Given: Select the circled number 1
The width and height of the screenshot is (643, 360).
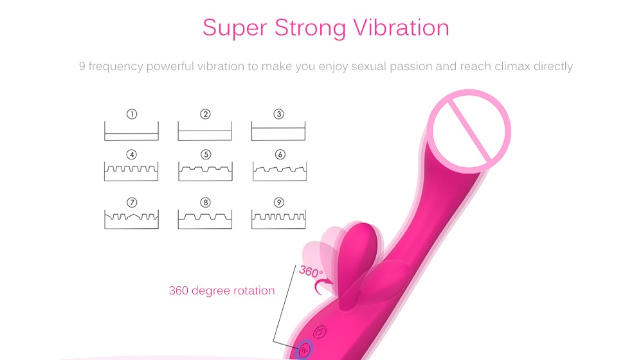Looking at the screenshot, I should click(132, 114).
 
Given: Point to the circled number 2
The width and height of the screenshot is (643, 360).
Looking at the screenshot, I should click(205, 114).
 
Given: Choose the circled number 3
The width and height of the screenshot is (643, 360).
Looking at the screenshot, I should click(278, 114).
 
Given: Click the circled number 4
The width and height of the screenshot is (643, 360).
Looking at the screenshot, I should click(132, 154).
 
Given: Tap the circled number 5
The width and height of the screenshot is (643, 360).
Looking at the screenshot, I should click(205, 154).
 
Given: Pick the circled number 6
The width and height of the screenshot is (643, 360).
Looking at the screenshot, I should click(279, 154).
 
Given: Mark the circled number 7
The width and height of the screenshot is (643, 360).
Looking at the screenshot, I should click(132, 203).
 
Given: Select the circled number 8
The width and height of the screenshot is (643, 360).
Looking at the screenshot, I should click(205, 203).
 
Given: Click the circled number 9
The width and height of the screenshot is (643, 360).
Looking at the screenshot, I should click(278, 203).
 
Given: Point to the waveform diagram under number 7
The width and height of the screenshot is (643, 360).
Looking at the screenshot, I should click(131, 220).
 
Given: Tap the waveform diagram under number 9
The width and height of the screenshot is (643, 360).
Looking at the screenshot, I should click(278, 220).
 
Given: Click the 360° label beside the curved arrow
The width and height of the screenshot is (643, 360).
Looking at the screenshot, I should click(311, 271).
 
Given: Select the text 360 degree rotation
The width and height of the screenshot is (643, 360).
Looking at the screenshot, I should click(222, 291).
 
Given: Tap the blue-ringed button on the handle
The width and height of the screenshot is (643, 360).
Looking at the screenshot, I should click(303, 350).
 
